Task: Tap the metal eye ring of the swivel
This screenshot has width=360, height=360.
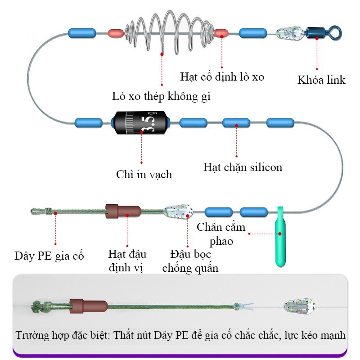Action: pos(335,32)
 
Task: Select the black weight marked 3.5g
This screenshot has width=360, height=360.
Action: pos(141,122)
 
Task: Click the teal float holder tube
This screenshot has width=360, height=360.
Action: pos(280,238)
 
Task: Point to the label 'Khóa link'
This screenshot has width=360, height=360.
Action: pos(321,80)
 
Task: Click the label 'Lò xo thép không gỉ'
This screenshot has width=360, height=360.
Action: pos(162,96)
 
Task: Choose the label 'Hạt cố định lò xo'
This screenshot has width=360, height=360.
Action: pos(222,77)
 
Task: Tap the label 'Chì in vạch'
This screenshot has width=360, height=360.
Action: pos(144,174)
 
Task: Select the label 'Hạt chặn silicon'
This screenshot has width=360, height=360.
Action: pos(243,167)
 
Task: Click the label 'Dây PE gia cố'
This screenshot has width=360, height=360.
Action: pos(49,256)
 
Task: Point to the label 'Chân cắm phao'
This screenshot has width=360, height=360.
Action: pos(221,234)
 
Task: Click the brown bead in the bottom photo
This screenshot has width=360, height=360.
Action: pos(88,306)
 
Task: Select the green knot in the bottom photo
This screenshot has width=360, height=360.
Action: pos(36,308)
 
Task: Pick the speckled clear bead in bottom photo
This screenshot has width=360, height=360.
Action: pos(296,306)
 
